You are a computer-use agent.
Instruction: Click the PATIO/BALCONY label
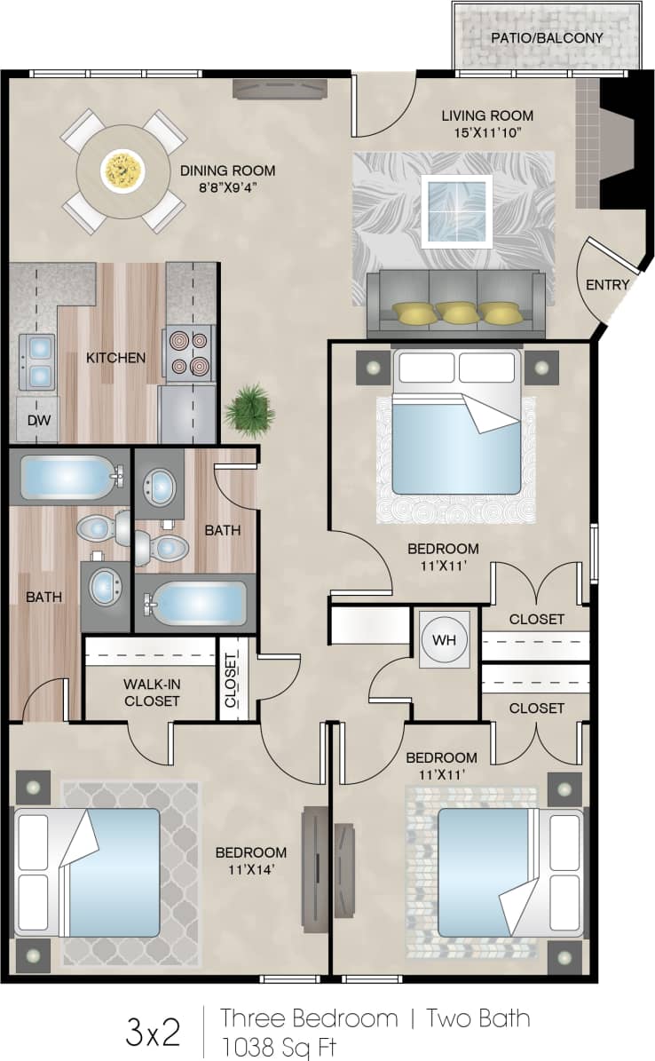point(547,38)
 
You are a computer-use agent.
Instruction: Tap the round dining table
point(122,170)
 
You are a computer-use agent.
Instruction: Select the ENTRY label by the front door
point(607,285)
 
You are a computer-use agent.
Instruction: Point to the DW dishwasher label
point(36,420)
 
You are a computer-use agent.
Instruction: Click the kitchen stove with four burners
point(188,352)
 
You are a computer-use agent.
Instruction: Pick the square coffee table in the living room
point(456,210)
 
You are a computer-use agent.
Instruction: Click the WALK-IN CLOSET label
point(151,693)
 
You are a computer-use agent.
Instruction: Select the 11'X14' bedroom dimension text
point(252,869)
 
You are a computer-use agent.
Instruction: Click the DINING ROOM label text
point(227,170)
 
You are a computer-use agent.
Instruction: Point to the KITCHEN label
point(115,358)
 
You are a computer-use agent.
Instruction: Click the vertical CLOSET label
point(231,680)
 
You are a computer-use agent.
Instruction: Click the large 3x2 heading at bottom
point(153,1033)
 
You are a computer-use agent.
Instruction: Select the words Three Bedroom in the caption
point(309,1017)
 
